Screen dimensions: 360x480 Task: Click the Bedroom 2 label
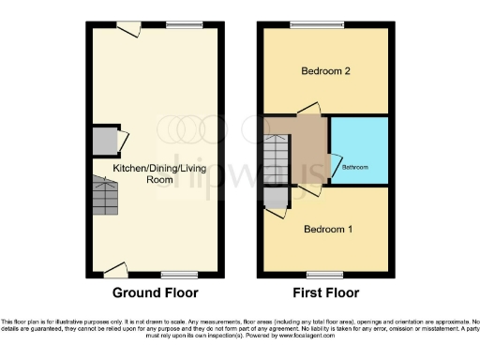pyautogui.click(x=324, y=71)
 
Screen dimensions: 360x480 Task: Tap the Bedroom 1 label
pyautogui.click(x=324, y=229)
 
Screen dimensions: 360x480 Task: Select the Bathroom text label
pyautogui.click(x=354, y=167)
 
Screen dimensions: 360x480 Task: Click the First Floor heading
pyautogui.click(x=324, y=292)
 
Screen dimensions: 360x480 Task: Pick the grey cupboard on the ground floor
pyautogui.click(x=103, y=141)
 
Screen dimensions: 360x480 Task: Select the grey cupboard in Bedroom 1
pyautogui.click(x=275, y=198)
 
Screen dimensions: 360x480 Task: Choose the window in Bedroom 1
pyautogui.click(x=324, y=276)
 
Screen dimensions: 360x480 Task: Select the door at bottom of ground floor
pyautogui.click(x=116, y=271)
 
